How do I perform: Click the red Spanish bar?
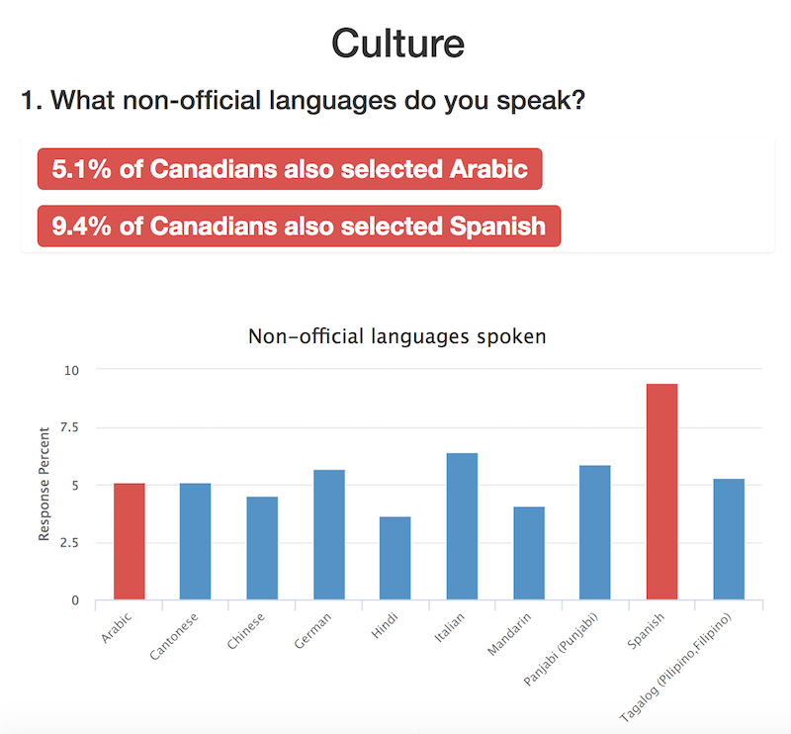(661, 492)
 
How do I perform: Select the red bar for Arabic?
(130, 541)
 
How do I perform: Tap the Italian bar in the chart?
(462, 526)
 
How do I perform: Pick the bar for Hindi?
(395, 558)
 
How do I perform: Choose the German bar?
(329, 534)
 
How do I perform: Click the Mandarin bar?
(529, 553)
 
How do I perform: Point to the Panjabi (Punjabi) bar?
(595, 532)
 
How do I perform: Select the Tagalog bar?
(729, 539)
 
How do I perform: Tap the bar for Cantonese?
(195, 541)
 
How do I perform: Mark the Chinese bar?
(262, 548)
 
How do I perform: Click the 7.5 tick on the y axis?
(69, 427)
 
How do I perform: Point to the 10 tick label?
(71, 370)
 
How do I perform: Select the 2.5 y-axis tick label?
(69, 543)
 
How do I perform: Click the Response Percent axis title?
(44, 484)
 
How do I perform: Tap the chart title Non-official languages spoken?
(397, 336)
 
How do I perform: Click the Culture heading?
(398, 44)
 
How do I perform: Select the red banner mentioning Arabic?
(290, 169)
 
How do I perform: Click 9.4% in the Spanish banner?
(81, 226)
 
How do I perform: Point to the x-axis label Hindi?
(385, 625)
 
